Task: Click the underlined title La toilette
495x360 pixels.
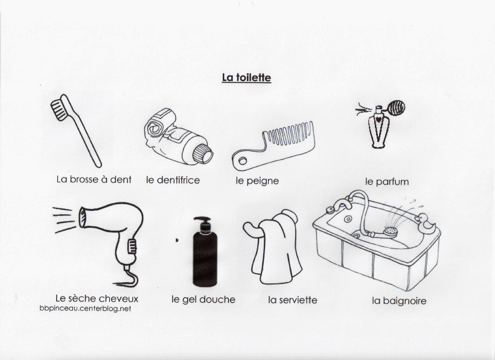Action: (246, 78)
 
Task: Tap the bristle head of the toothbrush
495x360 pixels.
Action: (59, 110)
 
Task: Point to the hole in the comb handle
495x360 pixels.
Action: (243, 161)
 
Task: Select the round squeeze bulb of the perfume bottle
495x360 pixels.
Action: (396, 108)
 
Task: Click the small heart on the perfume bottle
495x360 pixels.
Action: (378, 120)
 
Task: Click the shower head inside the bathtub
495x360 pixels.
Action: (390, 231)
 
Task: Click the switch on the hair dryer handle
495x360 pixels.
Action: (132, 246)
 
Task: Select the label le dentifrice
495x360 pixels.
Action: (173, 180)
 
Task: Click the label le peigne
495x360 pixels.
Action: (257, 181)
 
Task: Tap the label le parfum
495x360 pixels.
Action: (387, 182)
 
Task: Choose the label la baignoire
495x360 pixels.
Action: (399, 301)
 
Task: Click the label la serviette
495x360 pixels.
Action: (293, 300)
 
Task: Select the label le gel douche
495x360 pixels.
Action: (203, 300)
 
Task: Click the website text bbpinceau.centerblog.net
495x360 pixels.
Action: (85, 309)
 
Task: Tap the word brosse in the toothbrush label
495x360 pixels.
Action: (84, 179)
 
